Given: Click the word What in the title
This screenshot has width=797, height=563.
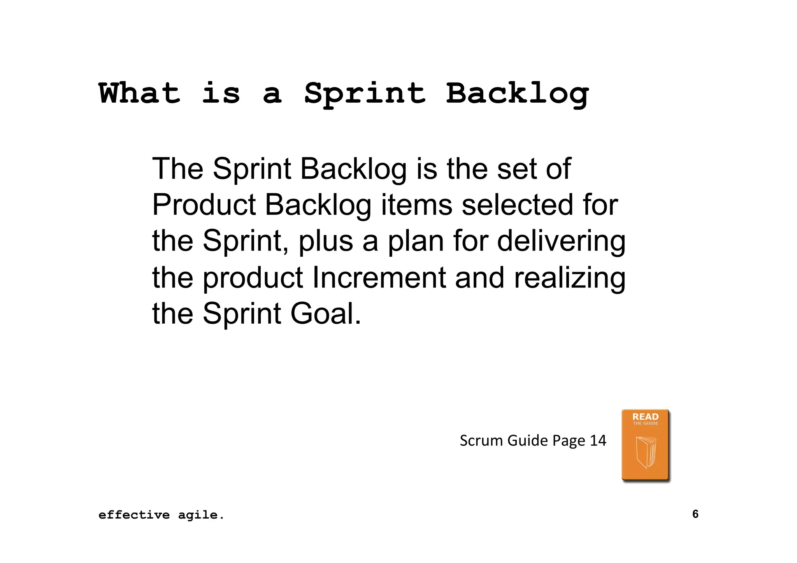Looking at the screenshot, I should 139,93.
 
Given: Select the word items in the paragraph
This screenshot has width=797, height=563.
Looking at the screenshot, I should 416,205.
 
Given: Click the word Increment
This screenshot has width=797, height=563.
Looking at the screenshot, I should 379,277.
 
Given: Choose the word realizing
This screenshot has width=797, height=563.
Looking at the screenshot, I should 570,277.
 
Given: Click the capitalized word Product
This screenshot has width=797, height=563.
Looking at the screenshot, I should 204,205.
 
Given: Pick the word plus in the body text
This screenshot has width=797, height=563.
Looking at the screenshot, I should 326,242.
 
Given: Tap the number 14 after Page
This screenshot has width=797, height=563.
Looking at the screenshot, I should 598,441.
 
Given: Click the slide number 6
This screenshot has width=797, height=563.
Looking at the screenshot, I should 695,514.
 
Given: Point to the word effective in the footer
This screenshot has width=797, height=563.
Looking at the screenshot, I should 134,515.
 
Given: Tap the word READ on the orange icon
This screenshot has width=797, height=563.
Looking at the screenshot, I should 645,417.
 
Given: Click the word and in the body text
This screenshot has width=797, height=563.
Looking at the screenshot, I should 479,277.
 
